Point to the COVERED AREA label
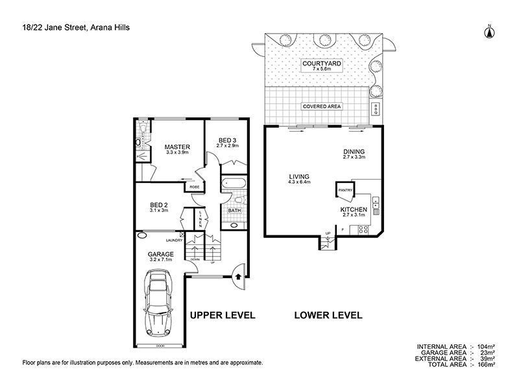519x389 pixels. (322, 106)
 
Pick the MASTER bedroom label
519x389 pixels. (176, 146)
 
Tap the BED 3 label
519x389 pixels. (227, 140)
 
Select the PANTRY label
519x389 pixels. (344, 191)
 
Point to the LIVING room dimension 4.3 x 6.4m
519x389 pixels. (300, 182)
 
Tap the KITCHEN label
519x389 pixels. (354, 210)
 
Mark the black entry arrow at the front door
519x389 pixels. (237, 276)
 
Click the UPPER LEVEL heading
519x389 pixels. (222, 316)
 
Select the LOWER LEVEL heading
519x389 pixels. (328, 316)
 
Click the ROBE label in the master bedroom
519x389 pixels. (194, 187)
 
